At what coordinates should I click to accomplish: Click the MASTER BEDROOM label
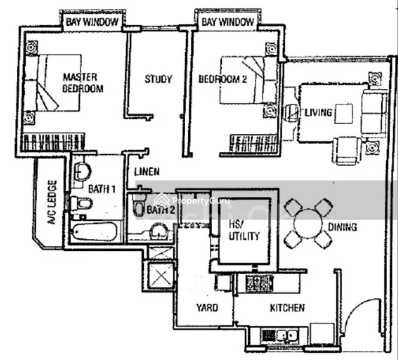(x=83, y=83)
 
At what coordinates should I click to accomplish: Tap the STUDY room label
(x=158, y=79)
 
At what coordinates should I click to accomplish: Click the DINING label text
(x=342, y=227)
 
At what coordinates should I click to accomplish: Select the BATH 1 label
(x=102, y=189)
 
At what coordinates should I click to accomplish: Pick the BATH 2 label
(x=161, y=210)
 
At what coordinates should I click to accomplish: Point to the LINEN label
(x=147, y=172)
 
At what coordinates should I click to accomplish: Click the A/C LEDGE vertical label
(x=52, y=202)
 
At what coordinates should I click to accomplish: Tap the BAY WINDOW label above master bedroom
(x=93, y=22)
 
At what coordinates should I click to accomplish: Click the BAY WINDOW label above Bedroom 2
(x=227, y=22)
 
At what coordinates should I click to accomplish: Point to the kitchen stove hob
(x=259, y=281)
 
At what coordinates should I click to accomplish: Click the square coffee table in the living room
(x=344, y=113)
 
